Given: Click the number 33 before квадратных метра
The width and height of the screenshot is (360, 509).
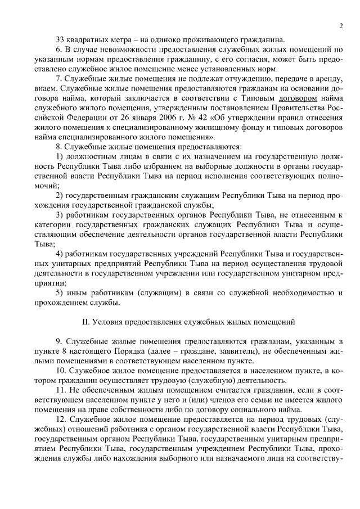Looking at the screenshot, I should pyautogui.click(x=61, y=39).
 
